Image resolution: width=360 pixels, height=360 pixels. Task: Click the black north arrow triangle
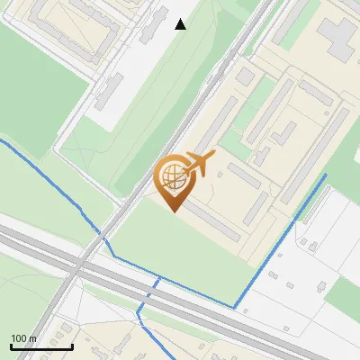tap(181, 24)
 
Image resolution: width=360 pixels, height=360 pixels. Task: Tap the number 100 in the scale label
tap(18, 338)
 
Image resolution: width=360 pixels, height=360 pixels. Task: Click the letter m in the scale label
tap(31, 338)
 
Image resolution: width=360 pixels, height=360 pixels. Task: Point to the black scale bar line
tap(41, 346)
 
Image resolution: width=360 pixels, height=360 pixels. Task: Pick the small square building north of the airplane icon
tap(246, 77)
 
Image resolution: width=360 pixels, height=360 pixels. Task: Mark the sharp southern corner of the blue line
tap(235, 308)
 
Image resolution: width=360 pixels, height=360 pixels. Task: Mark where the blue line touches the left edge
tap(2, 140)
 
